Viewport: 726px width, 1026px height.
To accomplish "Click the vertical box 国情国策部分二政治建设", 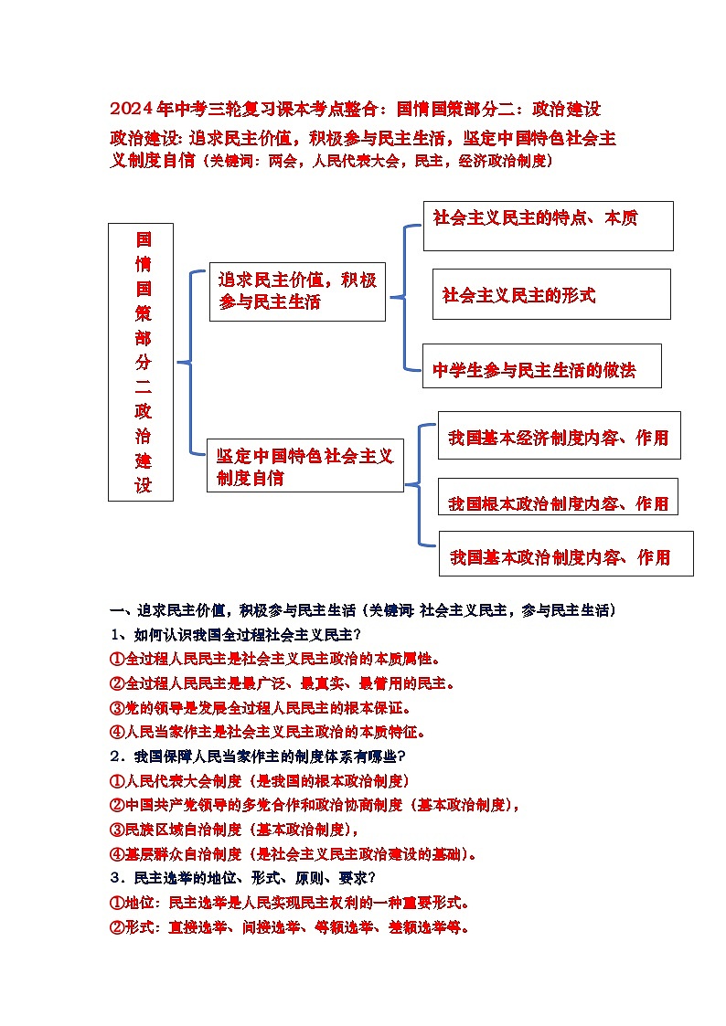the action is tap(140, 362).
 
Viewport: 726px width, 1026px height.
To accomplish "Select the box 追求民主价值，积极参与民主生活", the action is tap(297, 291).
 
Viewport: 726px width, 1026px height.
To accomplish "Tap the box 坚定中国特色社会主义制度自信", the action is tap(304, 466).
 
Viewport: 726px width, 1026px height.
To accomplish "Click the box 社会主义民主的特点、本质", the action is tap(547, 225).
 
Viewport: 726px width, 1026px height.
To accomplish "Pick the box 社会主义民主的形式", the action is tap(550, 294).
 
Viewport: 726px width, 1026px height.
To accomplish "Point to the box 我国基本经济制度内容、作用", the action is tap(559, 437).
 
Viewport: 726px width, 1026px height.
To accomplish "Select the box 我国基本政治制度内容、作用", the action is tap(565, 554).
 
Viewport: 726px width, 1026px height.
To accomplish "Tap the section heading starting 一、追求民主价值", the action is tap(362, 609).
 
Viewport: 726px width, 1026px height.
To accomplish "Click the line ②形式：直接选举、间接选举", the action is tap(290, 927).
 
